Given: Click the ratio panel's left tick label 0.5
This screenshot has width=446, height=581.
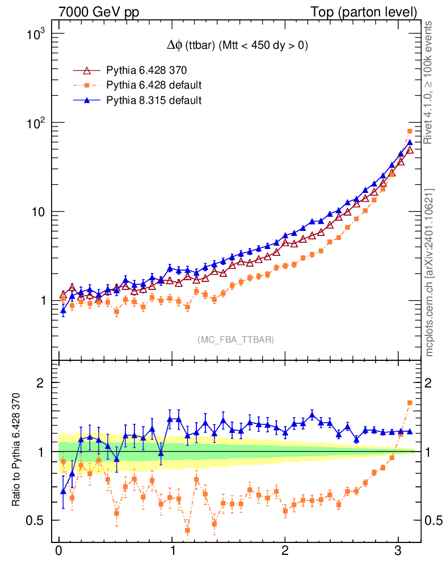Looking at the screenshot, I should coord(35,520).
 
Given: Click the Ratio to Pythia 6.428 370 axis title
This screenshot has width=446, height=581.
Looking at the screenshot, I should coord(16,443).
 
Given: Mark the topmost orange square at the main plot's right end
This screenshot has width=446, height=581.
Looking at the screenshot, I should coord(410,132).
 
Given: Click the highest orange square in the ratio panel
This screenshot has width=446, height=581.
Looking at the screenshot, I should coord(410,402).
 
